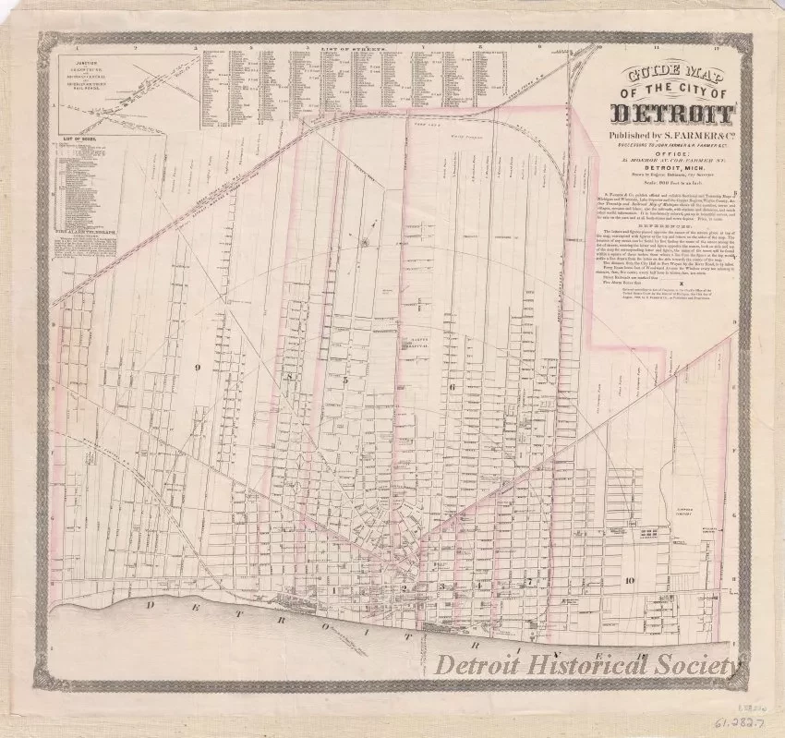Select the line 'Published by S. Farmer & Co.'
coord(664,138)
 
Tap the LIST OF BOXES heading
coord(80,138)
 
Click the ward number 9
coord(198,367)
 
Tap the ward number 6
coord(453,387)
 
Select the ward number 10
coord(628,580)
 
